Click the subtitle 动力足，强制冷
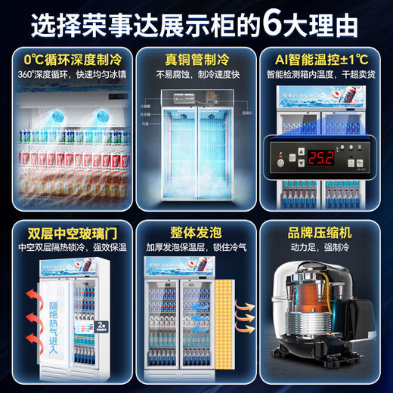tap(326, 246)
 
